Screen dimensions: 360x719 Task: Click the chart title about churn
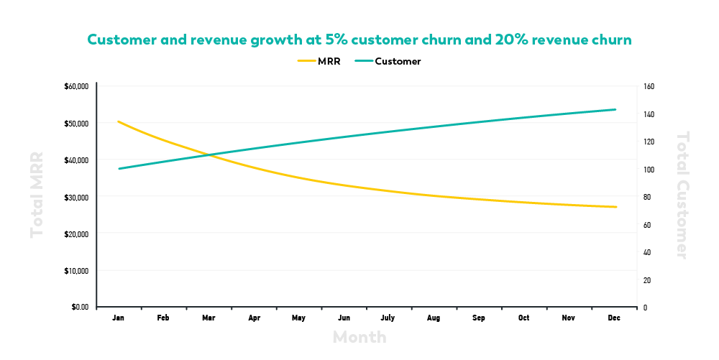click(359, 40)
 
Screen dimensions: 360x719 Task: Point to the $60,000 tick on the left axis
click(76, 86)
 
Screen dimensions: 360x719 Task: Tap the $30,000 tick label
click(76, 197)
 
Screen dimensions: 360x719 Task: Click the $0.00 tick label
click(79, 308)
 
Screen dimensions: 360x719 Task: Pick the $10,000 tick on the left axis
click(76, 271)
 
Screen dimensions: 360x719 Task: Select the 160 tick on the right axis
click(649, 86)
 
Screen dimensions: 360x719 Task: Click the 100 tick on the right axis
click(649, 170)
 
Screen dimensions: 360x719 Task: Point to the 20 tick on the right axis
click(648, 280)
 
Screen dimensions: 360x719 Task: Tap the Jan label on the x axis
click(119, 318)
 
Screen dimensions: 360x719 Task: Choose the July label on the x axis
click(388, 318)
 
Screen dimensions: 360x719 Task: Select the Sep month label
click(479, 318)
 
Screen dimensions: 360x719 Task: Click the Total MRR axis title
click(37, 194)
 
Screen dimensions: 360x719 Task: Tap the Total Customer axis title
click(682, 194)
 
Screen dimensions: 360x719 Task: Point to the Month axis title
click(359, 337)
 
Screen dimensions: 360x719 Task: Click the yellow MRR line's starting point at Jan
click(119, 121)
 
